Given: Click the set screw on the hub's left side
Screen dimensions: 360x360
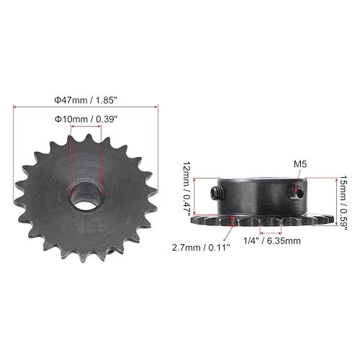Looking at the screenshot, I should coord(217,192).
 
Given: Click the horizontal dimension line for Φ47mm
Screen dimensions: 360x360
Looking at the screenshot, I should coord(86,107).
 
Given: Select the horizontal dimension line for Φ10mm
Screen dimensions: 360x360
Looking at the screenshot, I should coord(86,128).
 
